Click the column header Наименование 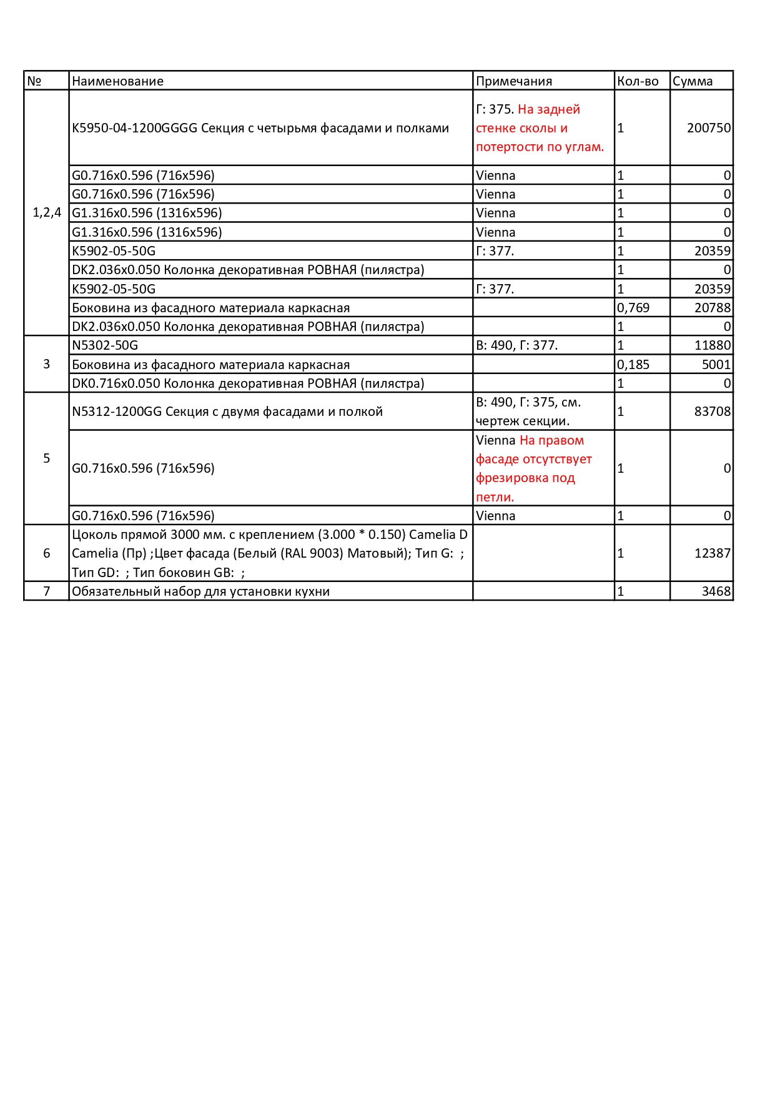(117, 81)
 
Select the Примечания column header (514, 81)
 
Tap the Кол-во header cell (638, 81)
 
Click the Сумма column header (693, 81)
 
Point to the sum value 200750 (709, 128)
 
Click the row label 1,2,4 (47, 213)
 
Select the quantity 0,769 (633, 308)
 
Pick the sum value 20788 (713, 308)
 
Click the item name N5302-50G (105, 345)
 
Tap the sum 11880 (713, 345)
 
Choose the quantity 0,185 (633, 365)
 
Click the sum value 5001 (716, 365)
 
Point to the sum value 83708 (713, 412)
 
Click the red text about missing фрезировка (533, 469)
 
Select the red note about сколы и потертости (540, 129)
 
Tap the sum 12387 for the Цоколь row (713, 553)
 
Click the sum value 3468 (716, 591)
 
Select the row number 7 (47, 591)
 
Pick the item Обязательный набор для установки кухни (200, 591)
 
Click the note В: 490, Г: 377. (516, 345)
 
